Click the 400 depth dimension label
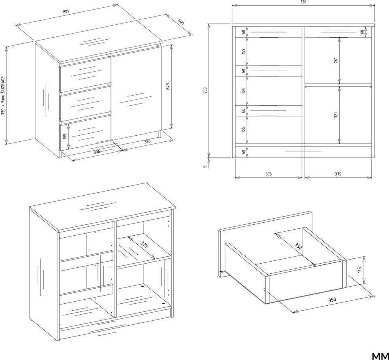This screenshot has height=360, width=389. [x=181, y=22]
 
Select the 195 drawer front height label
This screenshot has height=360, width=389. [x=65, y=136]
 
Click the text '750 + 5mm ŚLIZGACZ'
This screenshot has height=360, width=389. [x=3, y=96]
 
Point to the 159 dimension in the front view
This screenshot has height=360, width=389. [x=243, y=51]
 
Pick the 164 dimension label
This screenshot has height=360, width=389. [x=243, y=91]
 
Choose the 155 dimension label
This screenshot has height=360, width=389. [x=243, y=130]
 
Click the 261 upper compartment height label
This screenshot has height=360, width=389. [x=336, y=60]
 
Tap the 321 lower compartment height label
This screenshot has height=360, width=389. [x=336, y=115]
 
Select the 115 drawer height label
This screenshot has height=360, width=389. [x=360, y=270]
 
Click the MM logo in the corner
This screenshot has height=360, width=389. [x=380, y=356]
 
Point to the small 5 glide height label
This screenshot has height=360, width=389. [x=205, y=166]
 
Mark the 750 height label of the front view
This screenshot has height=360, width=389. [x=205, y=90]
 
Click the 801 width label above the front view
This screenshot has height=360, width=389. [x=304, y=2]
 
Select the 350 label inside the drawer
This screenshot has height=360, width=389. [x=298, y=246]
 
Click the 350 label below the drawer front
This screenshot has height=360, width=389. [x=332, y=300]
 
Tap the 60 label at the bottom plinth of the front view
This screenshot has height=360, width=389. [x=243, y=151]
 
